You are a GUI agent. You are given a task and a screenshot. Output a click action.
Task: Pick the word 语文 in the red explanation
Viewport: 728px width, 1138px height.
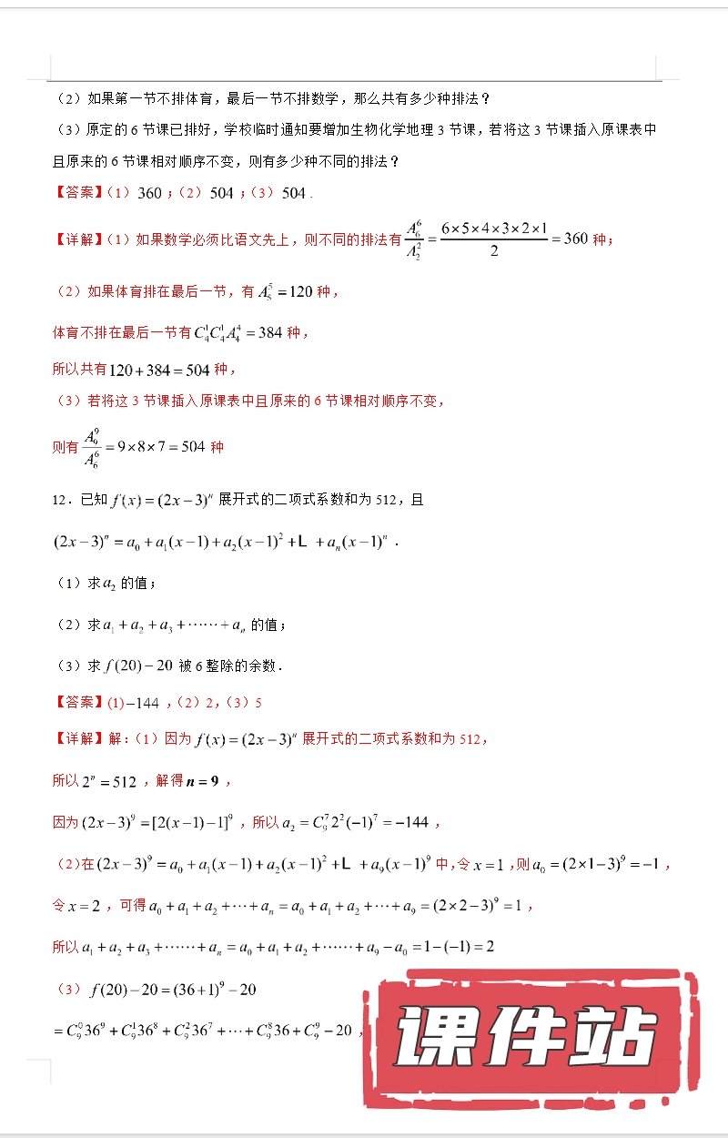tap(230, 240)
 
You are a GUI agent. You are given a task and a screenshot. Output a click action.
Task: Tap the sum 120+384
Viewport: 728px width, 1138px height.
tap(135, 370)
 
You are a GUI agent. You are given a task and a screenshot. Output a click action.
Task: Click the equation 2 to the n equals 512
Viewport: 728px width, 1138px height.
tap(109, 782)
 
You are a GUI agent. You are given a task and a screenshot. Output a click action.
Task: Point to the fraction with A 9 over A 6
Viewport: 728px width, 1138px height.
tap(93, 447)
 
